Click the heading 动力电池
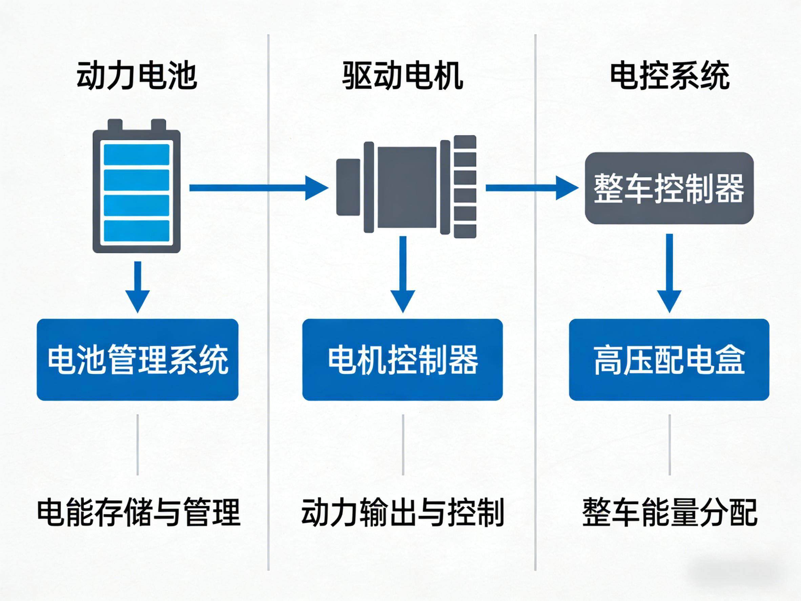pos(137,76)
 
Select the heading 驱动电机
pos(402,76)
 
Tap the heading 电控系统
pos(670,76)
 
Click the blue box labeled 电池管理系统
pos(138,360)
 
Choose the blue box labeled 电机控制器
pos(402,360)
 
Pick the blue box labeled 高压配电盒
pos(669,360)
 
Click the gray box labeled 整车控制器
pos(669,188)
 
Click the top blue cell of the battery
pos(137,155)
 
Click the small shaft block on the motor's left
pos(348,187)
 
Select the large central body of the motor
pos(407,187)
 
